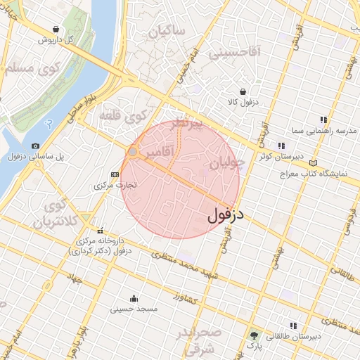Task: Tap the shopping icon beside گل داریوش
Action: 56,29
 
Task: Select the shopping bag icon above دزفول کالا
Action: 243,91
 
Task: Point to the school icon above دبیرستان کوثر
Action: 281,146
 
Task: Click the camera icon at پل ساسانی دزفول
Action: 36,146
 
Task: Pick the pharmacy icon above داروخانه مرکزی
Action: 101,231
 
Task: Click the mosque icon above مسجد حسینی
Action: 134,298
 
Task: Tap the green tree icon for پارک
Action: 253,336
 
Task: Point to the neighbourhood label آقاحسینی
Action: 239,51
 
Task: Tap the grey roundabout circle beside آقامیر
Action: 133,152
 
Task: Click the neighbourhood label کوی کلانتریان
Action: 53,214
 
